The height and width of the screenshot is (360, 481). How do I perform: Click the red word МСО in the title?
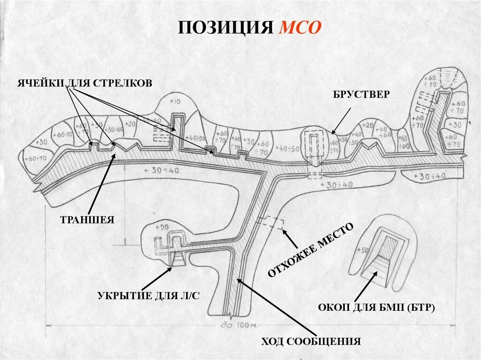pos(300,28)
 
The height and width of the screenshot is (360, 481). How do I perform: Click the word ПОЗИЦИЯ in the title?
pos(225,28)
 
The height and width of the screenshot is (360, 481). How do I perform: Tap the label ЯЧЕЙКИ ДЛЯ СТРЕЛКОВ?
pos(85,84)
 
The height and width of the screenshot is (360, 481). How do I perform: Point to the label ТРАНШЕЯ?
pos(87,220)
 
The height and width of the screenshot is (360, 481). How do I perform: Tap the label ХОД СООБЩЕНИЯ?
pos(311,341)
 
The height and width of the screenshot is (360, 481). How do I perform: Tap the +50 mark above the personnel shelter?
pos(161,227)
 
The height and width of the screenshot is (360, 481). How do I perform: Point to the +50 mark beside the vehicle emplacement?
pos(364,250)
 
